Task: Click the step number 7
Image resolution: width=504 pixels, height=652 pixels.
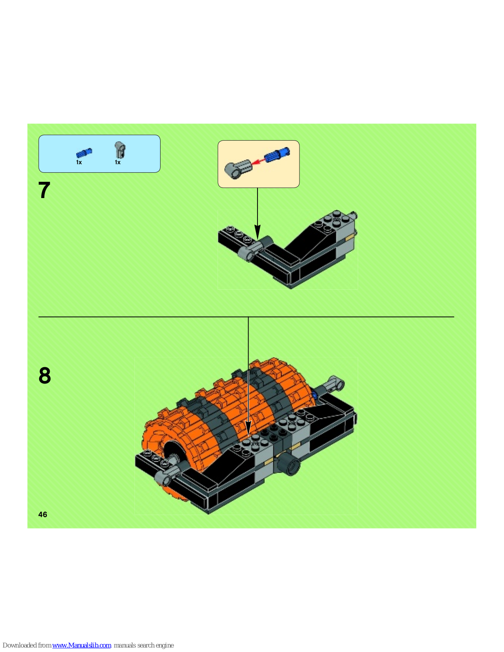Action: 44,190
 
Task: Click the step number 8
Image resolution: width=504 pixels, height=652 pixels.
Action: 45,375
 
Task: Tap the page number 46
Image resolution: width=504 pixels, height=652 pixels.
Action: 43,515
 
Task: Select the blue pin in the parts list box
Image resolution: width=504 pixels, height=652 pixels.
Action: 84,153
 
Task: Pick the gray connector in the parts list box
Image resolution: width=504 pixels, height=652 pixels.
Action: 120,150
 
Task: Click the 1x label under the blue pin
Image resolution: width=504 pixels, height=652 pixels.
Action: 79,162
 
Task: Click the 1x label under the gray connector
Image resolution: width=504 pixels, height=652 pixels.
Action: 118,162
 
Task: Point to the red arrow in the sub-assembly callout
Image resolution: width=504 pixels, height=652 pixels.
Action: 258,162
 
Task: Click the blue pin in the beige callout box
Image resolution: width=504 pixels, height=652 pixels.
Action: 277,155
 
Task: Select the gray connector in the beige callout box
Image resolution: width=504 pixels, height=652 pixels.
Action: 238,170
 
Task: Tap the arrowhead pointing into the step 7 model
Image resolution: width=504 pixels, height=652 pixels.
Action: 258,233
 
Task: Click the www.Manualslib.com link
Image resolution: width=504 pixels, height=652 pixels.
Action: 82,645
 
